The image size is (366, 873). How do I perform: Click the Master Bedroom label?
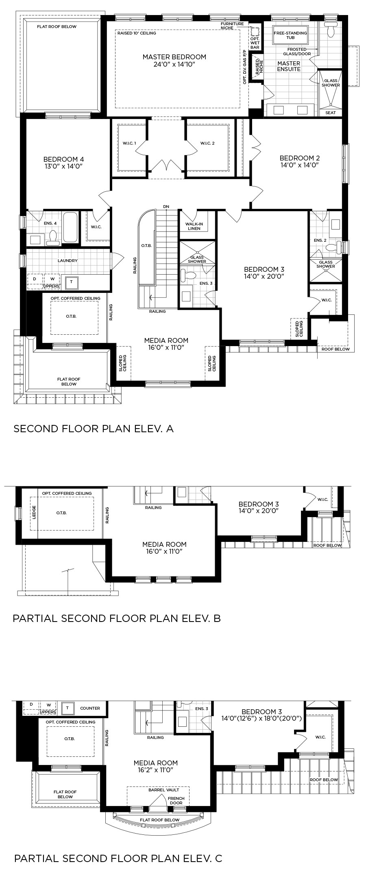click(174, 57)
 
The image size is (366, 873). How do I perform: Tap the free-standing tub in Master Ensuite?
click(290, 35)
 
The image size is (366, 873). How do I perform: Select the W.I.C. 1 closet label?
click(129, 143)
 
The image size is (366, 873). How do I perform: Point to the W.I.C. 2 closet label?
click(207, 143)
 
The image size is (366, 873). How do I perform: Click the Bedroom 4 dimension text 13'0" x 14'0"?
click(63, 166)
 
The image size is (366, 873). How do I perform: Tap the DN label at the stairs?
click(166, 207)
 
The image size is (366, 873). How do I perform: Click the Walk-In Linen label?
click(194, 226)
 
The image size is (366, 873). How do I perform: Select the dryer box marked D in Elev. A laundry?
click(35, 279)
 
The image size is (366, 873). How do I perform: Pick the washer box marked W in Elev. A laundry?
click(52, 279)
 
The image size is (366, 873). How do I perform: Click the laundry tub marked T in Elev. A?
click(72, 282)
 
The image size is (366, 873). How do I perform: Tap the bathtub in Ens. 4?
click(70, 227)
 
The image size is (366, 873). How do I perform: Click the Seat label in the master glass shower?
click(331, 113)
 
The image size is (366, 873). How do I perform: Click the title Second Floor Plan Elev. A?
click(94, 429)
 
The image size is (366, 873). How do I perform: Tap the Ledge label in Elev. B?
click(34, 512)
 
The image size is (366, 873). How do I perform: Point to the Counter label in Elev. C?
click(90, 708)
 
